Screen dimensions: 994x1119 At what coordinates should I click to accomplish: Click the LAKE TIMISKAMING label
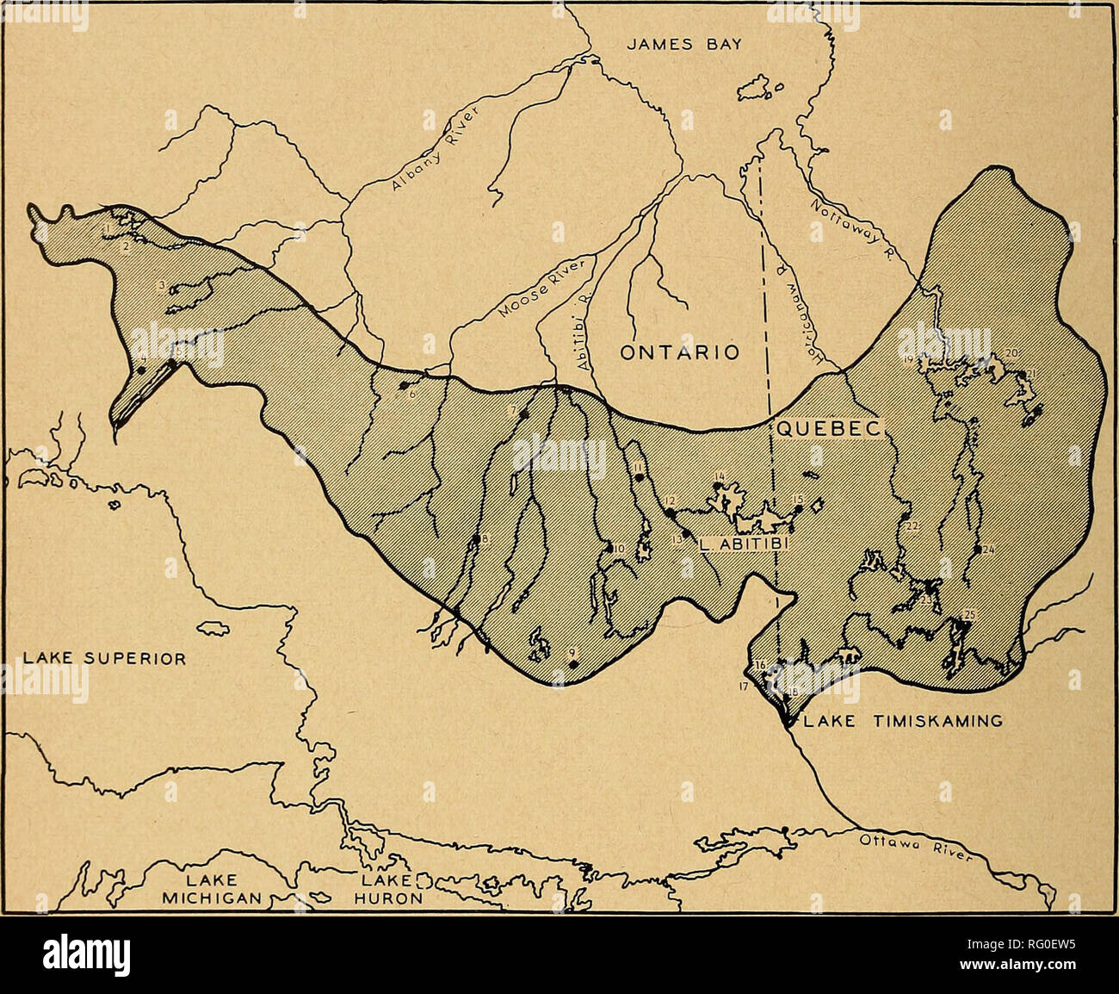coord(902,723)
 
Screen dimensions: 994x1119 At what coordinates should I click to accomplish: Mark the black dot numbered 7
coord(523,414)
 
